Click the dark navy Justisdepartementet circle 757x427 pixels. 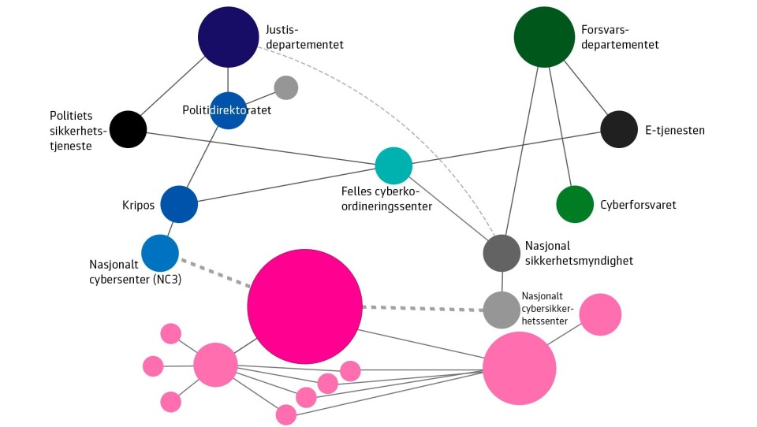click(229, 37)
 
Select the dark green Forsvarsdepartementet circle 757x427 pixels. click(544, 37)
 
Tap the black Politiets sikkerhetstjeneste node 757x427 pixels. click(128, 129)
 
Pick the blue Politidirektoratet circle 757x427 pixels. click(229, 110)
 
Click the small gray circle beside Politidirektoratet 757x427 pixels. click(285, 87)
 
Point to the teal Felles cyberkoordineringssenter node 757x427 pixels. click(393, 165)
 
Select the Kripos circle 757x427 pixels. click(179, 204)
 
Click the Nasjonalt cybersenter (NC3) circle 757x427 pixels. click(160, 253)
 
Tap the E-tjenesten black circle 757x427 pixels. click(619, 129)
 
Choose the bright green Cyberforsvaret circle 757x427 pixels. click(575, 204)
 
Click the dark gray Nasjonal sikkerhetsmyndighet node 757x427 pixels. click(502, 254)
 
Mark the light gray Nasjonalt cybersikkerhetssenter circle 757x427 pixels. click(502, 310)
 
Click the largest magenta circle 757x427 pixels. click(304, 306)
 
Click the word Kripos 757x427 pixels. click(138, 205)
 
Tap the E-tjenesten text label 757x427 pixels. click(675, 130)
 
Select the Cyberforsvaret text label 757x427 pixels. click(638, 205)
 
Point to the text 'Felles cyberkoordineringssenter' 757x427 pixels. click(386, 199)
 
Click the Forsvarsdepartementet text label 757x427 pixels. click(620, 37)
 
